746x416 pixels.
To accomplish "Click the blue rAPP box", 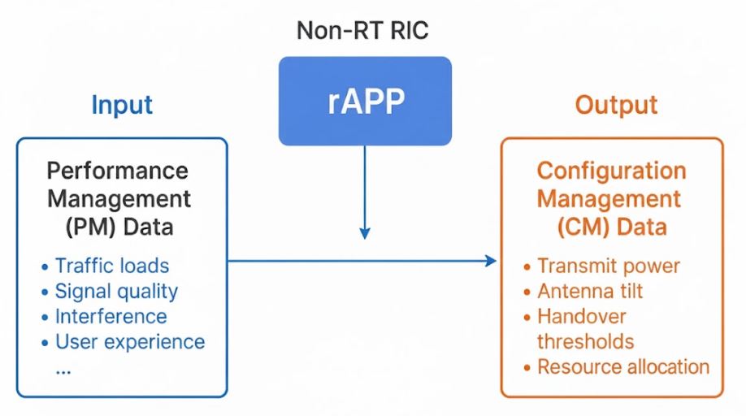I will pyautogui.click(x=365, y=101).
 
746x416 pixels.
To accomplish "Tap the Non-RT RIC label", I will pyautogui.click(x=362, y=31).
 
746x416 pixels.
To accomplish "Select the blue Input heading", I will pyautogui.click(x=122, y=105).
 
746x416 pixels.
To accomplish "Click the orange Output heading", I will pyautogui.click(x=616, y=105).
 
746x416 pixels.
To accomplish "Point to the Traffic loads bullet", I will pyautogui.click(x=111, y=266).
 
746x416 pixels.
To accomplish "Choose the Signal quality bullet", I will pyautogui.click(x=116, y=291).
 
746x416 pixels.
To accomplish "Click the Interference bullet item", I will pyautogui.click(x=111, y=316).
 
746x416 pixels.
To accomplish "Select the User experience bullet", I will pyautogui.click(x=129, y=341).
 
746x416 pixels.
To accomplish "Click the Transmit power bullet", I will pyautogui.click(x=608, y=266).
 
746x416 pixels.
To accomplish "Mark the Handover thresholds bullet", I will pyautogui.click(x=585, y=328).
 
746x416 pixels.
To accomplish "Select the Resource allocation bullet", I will pyautogui.click(x=622, y=366).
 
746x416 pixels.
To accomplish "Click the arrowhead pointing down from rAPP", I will pyautogui.click(x=365, y=232).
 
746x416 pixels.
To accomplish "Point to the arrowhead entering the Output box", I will pyautogui.click(x=490, y=261).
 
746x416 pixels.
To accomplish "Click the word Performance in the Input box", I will pyautogui.click(x=117, y=171).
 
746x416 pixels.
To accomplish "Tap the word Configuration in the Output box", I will pyautogui.click(x=611, y=171).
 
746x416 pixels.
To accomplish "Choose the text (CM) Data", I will pyautogui.click(x=611, y=227).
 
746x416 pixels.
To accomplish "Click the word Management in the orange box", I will pyautogui.click(x=611, y=198).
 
